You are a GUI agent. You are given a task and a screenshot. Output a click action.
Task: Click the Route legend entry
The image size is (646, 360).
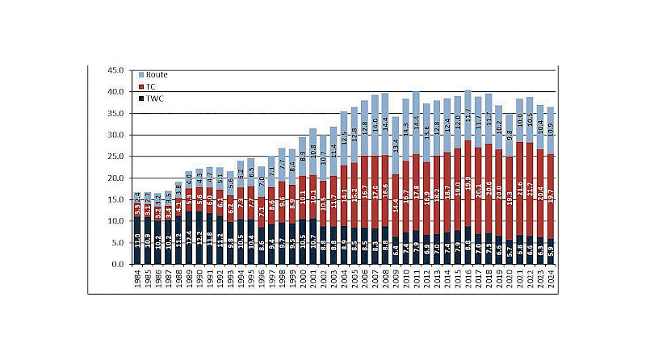155,74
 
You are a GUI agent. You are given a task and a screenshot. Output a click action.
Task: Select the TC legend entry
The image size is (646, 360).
150,86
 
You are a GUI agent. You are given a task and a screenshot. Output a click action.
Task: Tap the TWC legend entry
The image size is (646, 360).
153,98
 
